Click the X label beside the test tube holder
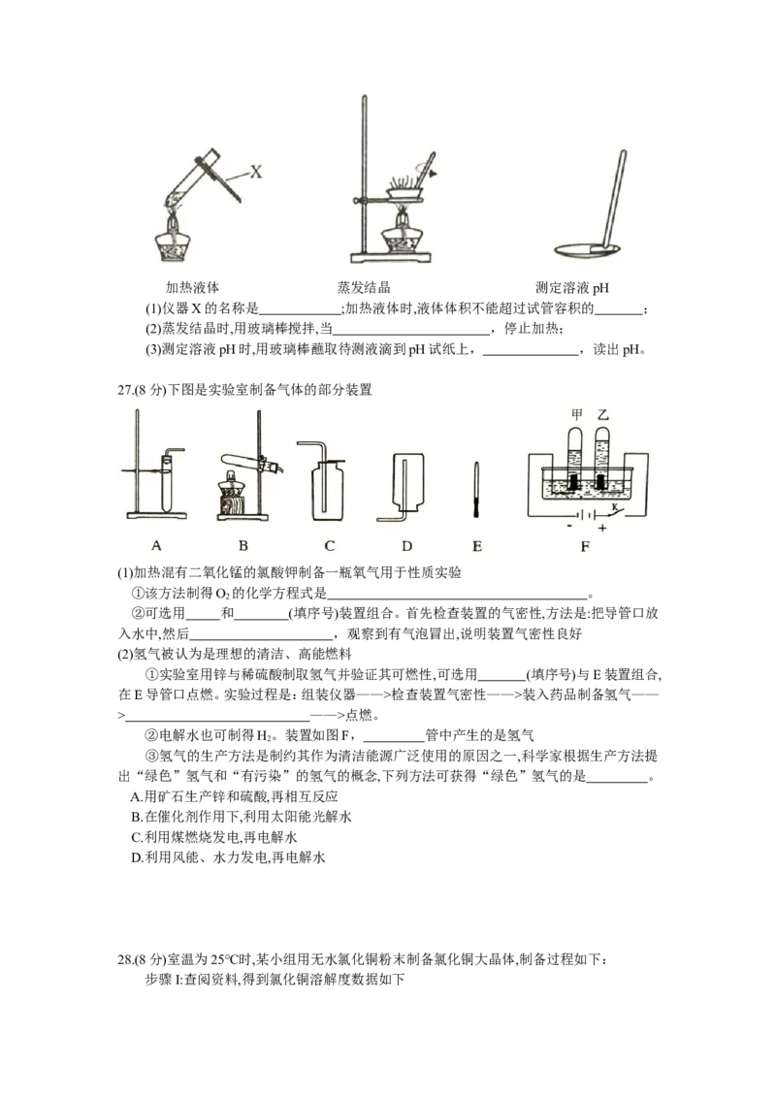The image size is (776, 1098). click(x=256, y=171)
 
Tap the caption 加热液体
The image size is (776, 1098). click(x=193, y=287)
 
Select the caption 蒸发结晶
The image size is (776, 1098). click(x=364, y=287)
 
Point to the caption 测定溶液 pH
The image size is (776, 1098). click(x=572, y=287)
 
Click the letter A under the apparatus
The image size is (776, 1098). click(x=156, y=545)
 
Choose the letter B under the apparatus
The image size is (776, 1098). click(x=243, y=545)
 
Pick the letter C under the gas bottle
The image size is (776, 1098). click(x=330, y=545)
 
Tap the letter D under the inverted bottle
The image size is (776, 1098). click(x=406, y=545)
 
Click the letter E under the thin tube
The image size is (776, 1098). click(x=477, y=545)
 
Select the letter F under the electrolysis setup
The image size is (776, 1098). click(x=585, y=546)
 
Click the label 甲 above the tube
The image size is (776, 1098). click(x=576, y=414)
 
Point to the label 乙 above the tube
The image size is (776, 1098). click(x=603, y=414)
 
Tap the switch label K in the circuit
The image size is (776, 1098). click(x=614, y=506)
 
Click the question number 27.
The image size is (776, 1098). click(x=125, y=390)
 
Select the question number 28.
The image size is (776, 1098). click(x=125, y=959)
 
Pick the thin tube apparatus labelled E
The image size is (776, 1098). click(x=476, y=489)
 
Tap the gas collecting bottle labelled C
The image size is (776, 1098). click(x=326, y=483)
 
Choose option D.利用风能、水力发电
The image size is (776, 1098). click(x=228, y=857)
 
